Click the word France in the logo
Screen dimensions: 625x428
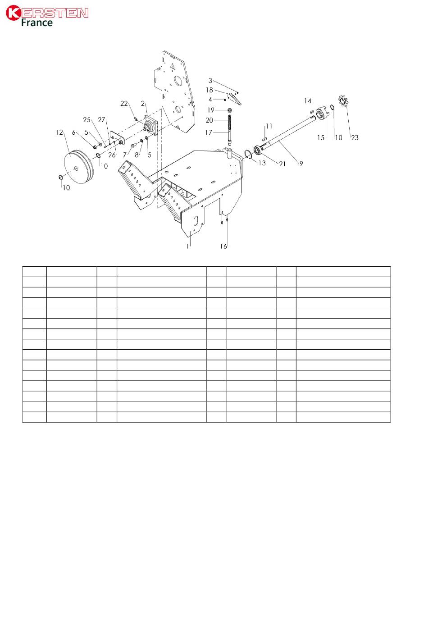coord(37,23)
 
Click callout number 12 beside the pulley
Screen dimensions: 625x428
coord(59,132)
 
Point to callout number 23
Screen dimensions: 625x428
coord(355,137)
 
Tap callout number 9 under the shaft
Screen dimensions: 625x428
coord(301,164)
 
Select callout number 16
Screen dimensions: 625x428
coord(223,246)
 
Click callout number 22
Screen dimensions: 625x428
coord(124,104)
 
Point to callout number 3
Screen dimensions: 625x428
coord(210,81)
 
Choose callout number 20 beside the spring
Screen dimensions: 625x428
coord(209,120)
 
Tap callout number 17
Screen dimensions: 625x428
coord(209,133)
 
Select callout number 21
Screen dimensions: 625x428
coord(282,164)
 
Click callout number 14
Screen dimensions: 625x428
coord(307,100)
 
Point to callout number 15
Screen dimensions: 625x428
coord(320,137)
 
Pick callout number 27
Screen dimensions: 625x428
coord(101,120)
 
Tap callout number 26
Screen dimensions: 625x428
coord(112,155)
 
